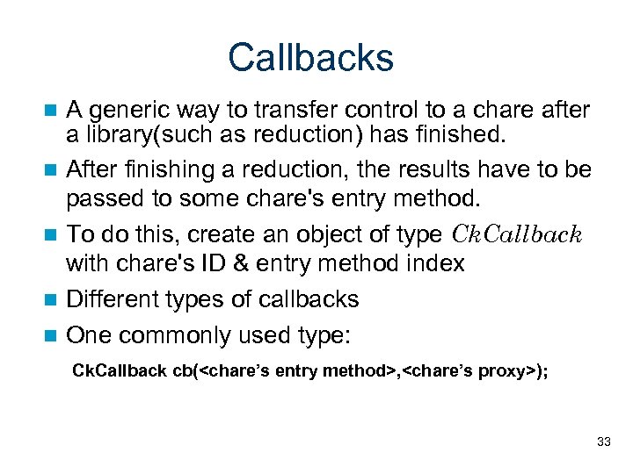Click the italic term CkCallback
click(x=516, y=234)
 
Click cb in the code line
click(x=183, y=371)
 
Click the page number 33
click(x=603, y=442)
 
